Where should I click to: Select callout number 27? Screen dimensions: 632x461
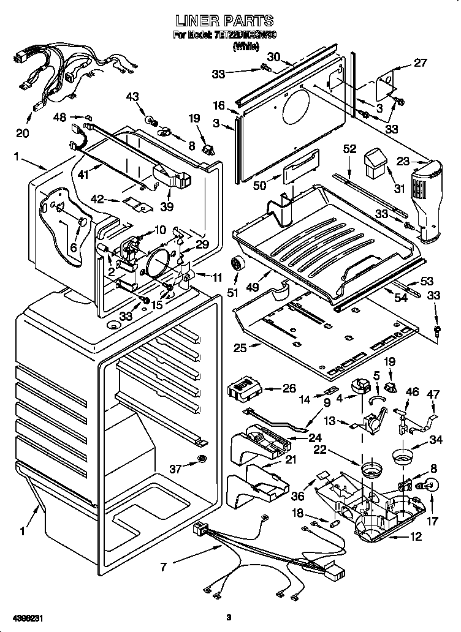click(419, 62)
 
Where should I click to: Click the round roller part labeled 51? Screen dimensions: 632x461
click(235, 265)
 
